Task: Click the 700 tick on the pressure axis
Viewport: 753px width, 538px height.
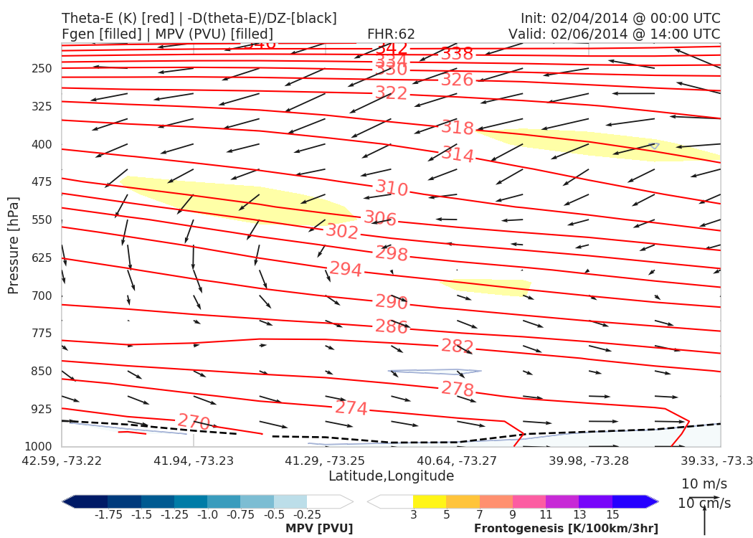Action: [42, 296]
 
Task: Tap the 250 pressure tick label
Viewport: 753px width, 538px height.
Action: [42, 69]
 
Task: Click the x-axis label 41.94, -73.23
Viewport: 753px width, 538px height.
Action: [193, 460]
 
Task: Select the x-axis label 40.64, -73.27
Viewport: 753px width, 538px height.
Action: [457, 460]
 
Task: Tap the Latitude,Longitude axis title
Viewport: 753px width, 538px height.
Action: [391, 476]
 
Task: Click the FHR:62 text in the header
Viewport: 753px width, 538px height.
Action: [391, 34]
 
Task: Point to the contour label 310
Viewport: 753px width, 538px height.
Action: [392, 189]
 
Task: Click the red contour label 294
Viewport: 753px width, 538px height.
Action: [346, 270]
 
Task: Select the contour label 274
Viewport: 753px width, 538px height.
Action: [351, 408]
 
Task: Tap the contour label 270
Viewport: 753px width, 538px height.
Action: [194, 421]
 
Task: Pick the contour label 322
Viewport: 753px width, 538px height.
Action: [392, 93]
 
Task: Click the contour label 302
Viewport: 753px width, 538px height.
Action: [342, 231]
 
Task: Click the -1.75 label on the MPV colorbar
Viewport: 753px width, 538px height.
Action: [107, 515]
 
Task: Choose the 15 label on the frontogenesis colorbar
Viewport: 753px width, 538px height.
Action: [612, 515]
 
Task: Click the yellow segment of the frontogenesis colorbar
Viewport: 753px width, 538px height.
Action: [429, 501]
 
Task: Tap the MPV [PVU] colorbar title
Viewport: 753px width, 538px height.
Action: [319, 529]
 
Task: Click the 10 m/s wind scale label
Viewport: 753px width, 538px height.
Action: [704, 483]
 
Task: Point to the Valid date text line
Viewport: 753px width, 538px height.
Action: [614, 34]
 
